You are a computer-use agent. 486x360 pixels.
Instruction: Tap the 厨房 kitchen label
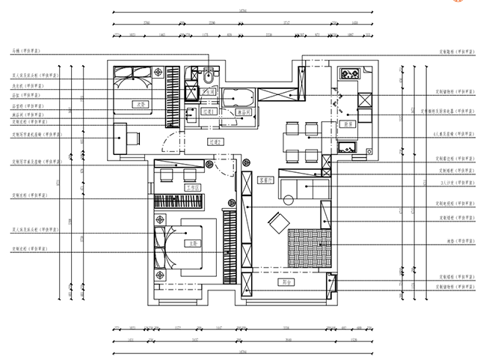pos(349,123)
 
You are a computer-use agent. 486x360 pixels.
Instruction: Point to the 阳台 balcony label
pos(286,282)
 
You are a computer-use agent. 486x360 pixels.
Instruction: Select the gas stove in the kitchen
pos(349,74)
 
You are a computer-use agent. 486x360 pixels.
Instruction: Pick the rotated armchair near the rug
pos(278,222)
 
